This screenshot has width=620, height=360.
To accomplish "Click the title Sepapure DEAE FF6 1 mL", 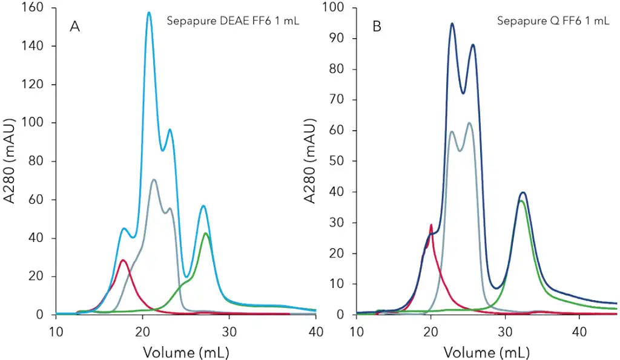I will coord(233,22).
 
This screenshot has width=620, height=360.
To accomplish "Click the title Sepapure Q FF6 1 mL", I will coord(553,21).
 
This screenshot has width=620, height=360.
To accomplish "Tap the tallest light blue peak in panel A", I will coord(149,13).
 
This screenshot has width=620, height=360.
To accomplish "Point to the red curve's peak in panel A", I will coord(123,260).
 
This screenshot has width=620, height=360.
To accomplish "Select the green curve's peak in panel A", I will coord(206,234).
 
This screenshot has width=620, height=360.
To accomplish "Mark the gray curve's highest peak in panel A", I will coord(154,180).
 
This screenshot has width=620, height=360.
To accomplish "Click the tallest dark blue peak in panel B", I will coord(452,24).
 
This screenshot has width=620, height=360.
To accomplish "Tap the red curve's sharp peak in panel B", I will coord(431,225).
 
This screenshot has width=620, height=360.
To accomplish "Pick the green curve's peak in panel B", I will coord(521,201).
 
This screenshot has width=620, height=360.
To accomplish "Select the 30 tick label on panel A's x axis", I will coord(229,332).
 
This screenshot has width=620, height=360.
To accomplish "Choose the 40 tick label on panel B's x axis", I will coord(579,332).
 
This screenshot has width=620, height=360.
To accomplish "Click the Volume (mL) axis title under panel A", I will coord(186,352).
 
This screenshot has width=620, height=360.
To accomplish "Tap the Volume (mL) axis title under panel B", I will coord(487,352).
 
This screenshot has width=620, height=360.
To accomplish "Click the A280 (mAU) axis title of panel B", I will coord(313,161).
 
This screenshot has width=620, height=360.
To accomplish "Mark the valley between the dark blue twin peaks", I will coord(463,93).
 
